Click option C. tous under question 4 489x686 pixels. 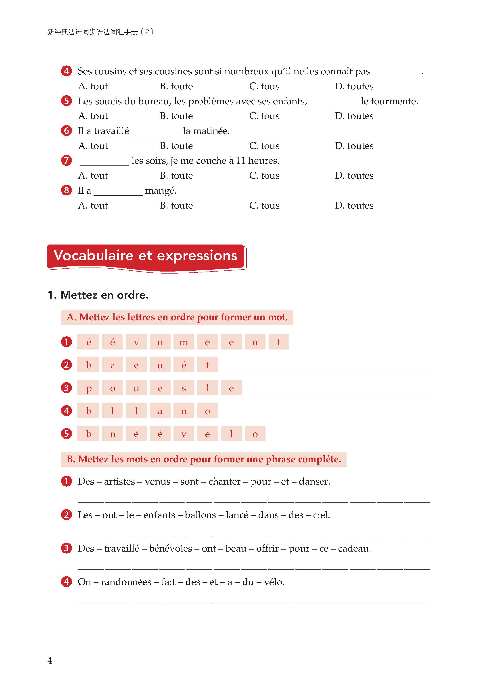click(x=264, y=86)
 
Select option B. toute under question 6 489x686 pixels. click(x=176, y=146)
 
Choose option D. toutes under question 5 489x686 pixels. click(x=354, y=116)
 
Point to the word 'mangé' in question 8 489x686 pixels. click(x=161, y=191)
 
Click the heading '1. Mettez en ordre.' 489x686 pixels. click(x=98, y=295)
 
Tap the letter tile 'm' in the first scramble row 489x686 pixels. click(x=184, y=342)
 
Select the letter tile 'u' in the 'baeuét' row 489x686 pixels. click(x=160, y=365)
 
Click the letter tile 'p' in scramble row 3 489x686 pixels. click(x=88, y=388)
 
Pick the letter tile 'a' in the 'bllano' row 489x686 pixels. click(x=160, y=411)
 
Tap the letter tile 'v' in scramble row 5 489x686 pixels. click(x=184, y=434)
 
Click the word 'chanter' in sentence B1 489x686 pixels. click(x=224, y=481)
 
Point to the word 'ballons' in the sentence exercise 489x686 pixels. click(x=200, y=515)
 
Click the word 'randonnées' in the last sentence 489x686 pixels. click(x=126, y=582)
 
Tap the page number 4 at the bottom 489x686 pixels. click(x=50, y=661)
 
